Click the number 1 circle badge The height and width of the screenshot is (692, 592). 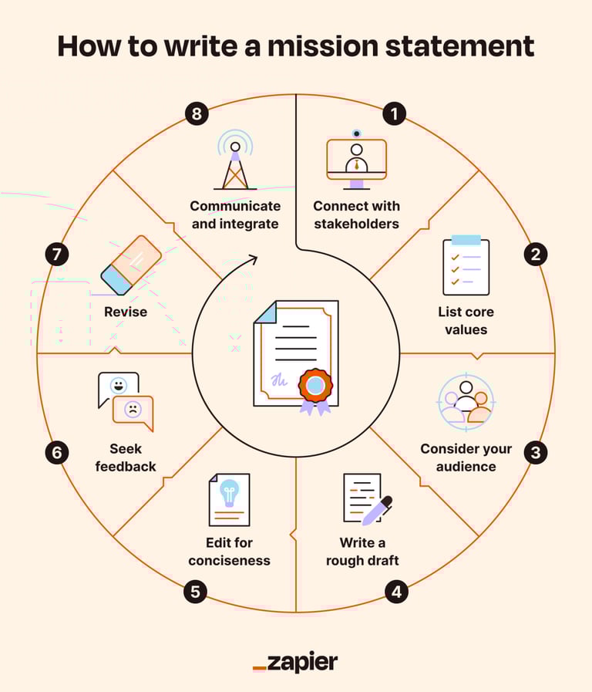[x=395, y=114]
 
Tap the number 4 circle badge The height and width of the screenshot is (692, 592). [x=396, y=592]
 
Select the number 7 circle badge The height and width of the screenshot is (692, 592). [x=56, y=255]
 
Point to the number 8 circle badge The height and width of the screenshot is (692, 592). [x=197, y=114]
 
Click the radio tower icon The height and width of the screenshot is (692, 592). [x=234, y=160]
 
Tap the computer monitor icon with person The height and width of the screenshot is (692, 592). [x=356, y=160]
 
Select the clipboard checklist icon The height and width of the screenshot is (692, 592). [x=466, y=265]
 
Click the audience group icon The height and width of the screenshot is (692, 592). [x=465, y=400]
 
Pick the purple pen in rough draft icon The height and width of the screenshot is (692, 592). [x=376, y=509]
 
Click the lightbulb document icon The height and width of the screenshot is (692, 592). [x=229, y=499]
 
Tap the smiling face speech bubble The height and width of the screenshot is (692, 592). [x=118, y=387]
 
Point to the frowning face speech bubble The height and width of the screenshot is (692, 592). [x=133, y=411]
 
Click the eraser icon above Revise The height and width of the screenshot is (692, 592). [x=130, y=265]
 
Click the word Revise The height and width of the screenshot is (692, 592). [x=126, y=312]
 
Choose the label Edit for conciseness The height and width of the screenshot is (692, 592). [x=229, y=551]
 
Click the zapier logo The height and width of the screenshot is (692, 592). [x=295, y=662]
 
